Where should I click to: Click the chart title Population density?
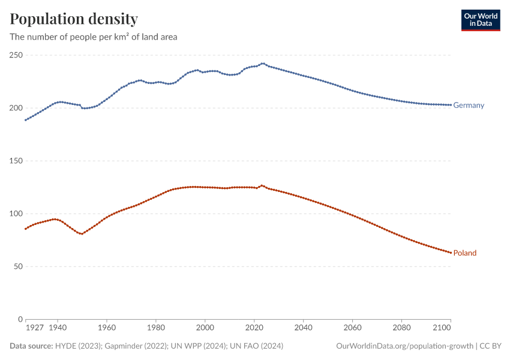click(x=74, y=19)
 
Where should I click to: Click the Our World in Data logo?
click(x=480, y=20)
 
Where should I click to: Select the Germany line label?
click(x=469, y=106)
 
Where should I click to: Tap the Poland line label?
click(x=465, y=253)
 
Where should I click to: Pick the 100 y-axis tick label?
click(x=15, y=214)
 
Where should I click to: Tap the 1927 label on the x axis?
click(x=35, y=328)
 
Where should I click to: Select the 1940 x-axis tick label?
click(x=58, y=328)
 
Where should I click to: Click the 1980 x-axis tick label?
click(x=156, y=328)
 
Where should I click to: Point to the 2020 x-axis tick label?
click(x=254, y=328)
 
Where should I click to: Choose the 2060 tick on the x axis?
click(x=353, y=328)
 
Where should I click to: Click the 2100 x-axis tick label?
click(x=441, y=328)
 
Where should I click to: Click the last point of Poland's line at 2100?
click(x=451, y=253)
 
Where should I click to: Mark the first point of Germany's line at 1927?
click(x=25, y=120)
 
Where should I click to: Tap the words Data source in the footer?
click(x=31, y=346)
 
